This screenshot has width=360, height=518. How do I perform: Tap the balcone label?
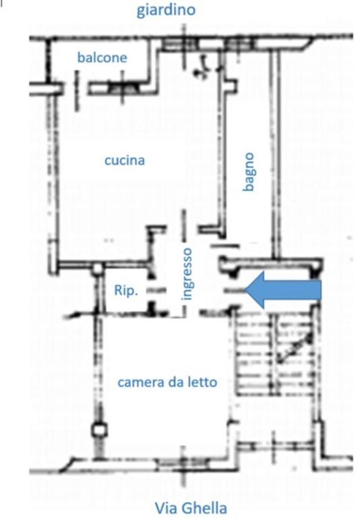102,58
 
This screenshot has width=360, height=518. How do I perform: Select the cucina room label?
125,161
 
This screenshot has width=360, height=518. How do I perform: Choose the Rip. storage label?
126,291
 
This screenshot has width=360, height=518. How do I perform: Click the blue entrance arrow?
283,291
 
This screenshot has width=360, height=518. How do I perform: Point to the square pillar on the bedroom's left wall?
100,430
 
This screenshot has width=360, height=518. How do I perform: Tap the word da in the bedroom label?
175,382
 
